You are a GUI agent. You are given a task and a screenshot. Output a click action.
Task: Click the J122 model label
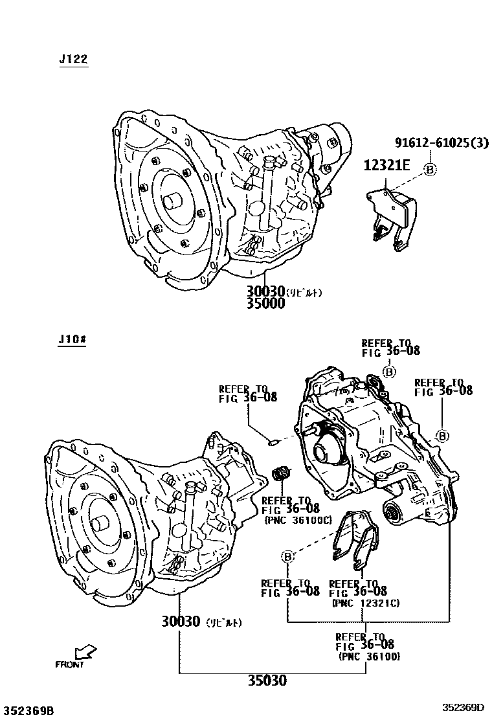(x=73, y=60)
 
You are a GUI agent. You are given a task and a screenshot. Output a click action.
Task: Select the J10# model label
(x=72, y=340)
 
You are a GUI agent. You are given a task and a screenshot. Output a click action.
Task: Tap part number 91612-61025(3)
(x=442, y=143)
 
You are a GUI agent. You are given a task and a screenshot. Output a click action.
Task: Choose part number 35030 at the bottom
(x=266, y=681)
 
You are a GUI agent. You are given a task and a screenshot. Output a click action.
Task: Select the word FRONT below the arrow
(x=69, y=664)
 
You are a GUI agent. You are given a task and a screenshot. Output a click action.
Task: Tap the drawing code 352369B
(x=28, y=710)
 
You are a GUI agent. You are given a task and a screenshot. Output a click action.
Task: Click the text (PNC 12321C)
(x=365, y=603)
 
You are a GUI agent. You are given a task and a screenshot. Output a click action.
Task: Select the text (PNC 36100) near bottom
(x=369, y=656)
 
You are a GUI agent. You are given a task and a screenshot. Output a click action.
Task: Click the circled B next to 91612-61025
(x=430, y=169)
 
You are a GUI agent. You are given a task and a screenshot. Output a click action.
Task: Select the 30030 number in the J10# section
(x=181, y=622)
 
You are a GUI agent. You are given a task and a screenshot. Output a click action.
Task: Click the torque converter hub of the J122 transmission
(x=174, y=199)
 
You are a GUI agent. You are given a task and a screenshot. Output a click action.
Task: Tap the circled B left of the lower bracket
(x=288, y=556)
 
